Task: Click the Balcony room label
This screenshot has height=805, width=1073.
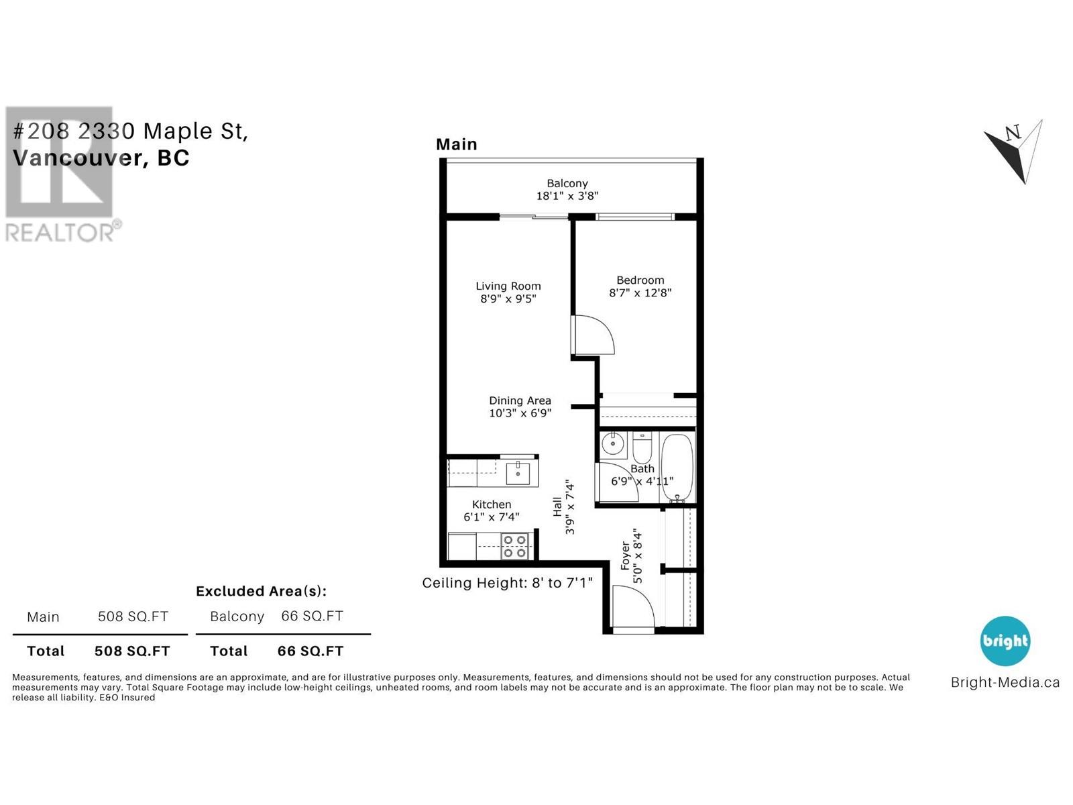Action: [567, 183]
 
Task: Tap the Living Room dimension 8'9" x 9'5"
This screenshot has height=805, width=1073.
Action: [508, 299]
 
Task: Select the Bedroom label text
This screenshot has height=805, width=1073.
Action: [640, 280]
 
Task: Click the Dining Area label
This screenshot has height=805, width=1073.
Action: [520, 400]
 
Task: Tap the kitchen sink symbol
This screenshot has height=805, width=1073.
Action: [518, 472]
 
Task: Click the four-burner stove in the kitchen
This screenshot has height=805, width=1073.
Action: [514, 546]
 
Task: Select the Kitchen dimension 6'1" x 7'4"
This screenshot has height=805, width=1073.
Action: [491, 517]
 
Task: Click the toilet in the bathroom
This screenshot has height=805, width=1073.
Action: [642, 445]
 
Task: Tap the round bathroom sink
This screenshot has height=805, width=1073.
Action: [612, 443]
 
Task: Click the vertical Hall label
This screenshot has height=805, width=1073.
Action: [557, 506]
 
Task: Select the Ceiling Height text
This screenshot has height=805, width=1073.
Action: [507, 583]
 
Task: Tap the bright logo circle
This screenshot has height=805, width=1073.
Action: [1005, 641]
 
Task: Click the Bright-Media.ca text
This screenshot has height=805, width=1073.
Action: [1005, 683]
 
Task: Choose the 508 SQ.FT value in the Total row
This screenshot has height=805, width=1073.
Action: [132, 651]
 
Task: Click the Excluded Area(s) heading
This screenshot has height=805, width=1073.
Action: [261, 591]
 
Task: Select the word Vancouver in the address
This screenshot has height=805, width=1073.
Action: [77, 158]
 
